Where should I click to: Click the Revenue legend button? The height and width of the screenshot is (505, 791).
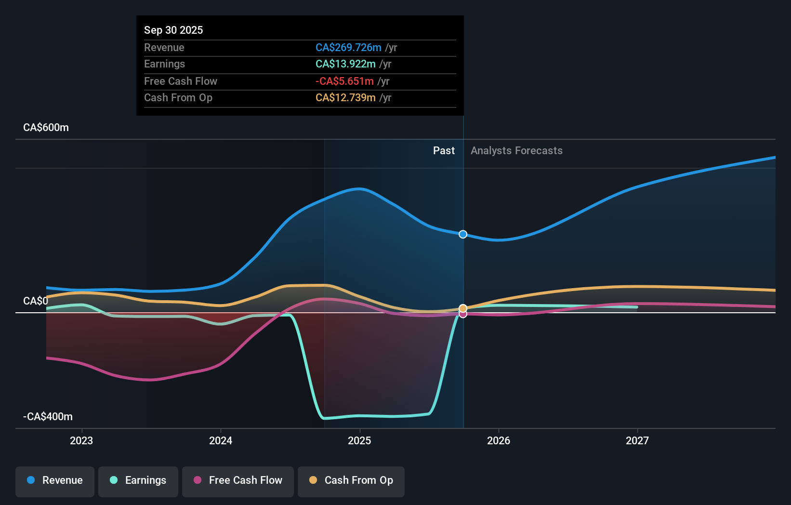55,481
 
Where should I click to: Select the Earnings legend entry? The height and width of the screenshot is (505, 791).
138,481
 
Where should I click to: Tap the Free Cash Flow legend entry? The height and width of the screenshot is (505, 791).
238,481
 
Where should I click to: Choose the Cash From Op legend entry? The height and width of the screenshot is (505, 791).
351,481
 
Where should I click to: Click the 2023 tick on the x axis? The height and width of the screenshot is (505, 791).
81,440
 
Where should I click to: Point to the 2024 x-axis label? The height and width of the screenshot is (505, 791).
221,440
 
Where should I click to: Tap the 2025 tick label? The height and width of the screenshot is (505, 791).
359,440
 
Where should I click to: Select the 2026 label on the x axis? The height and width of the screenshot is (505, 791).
499,440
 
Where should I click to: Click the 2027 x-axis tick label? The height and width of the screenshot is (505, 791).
637,440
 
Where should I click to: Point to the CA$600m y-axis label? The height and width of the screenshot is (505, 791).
46,128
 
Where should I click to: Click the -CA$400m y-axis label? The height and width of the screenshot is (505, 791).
48,417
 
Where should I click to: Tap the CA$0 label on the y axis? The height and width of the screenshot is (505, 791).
36,301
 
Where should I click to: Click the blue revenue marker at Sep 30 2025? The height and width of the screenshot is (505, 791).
463,234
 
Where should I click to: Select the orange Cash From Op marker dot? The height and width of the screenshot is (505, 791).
463,308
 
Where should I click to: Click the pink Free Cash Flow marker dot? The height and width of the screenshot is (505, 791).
463,314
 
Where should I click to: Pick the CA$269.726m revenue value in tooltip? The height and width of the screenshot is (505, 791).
348,48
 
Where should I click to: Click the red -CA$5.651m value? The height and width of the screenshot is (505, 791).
344,81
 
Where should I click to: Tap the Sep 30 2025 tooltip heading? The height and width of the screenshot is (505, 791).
173,30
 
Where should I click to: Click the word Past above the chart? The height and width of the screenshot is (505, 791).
444,151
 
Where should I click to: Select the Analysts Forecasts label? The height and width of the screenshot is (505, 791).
516,151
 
